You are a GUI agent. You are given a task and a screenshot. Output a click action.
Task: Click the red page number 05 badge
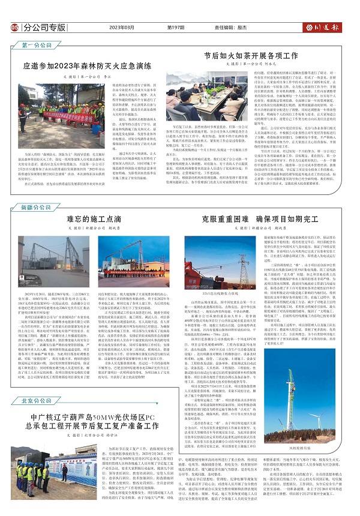(x=14, y=27)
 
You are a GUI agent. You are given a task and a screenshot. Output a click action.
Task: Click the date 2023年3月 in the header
(x=118, y=28)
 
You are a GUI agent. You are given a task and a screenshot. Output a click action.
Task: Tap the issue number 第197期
(x=176, y=28)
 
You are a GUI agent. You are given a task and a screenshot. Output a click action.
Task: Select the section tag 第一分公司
(x=36, y=45)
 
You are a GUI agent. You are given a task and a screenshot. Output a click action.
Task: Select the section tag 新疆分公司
(x=36, y=190)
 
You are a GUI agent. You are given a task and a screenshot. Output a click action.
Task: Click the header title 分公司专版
(x=46, y=28)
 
